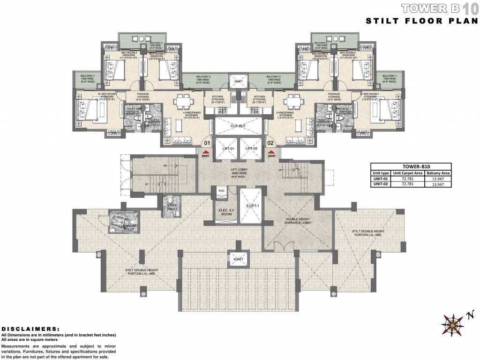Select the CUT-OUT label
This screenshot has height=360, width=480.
pos(239,126)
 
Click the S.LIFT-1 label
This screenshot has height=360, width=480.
pos(249,205)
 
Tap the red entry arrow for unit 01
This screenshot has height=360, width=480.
pos(205,151)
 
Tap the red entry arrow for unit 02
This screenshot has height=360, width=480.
pos(270,151)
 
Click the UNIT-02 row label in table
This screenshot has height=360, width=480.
pos(380,185)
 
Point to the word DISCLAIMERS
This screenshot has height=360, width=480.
pos(30,329)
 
